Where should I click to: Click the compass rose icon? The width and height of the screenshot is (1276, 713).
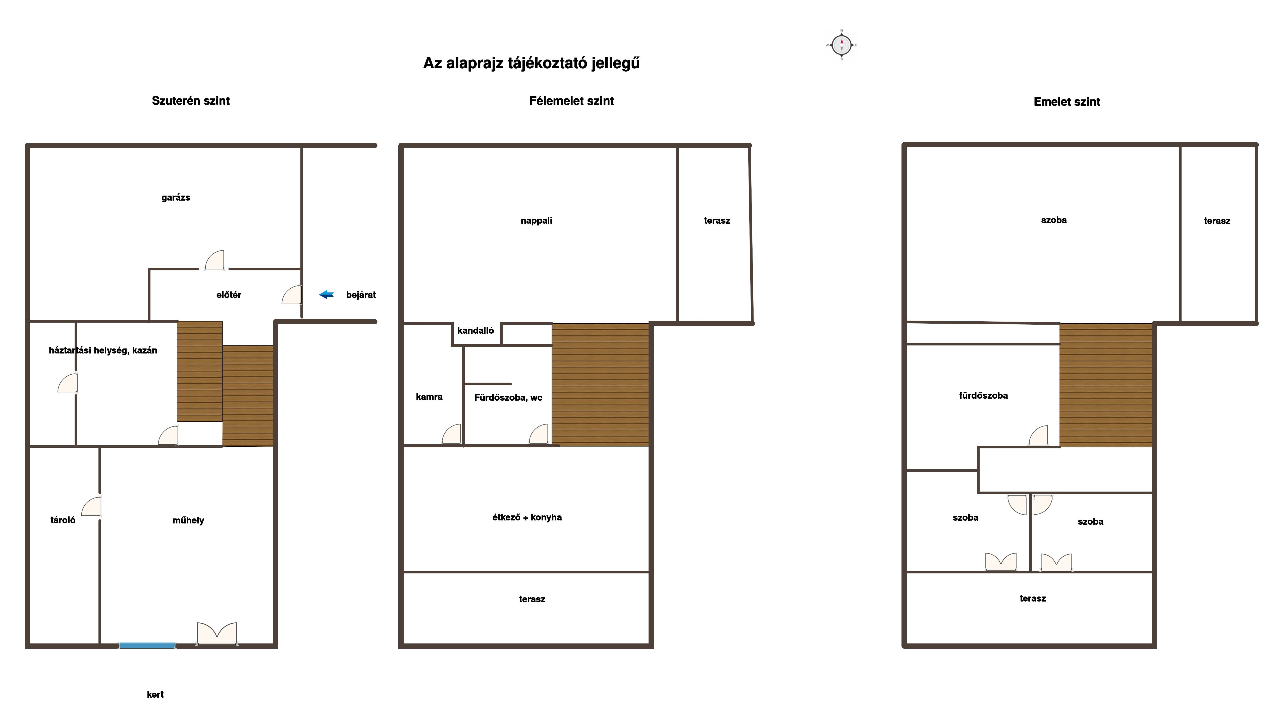pos(841,45)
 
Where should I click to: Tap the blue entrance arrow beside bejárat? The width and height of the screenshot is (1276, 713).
pos(327,294)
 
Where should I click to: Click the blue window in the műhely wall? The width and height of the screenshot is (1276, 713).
pos(147,645)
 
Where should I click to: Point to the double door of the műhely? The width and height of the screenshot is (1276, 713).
pos(217,634)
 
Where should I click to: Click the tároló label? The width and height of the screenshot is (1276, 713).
pos(63,520)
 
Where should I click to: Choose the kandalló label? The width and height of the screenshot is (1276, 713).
pos(475,330)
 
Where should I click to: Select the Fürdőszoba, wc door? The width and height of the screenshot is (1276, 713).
pos(539,434)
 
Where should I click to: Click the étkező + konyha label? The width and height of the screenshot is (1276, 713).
pos(527,517)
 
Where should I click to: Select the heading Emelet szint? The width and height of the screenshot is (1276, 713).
pos(1067,101)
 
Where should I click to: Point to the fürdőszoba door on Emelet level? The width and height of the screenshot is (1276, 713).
pos(1039,436)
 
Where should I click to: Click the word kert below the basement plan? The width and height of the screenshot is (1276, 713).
pos(155,694)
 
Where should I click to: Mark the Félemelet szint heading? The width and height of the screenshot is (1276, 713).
pos(572,101)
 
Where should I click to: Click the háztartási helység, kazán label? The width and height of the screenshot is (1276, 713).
pos(103,350)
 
